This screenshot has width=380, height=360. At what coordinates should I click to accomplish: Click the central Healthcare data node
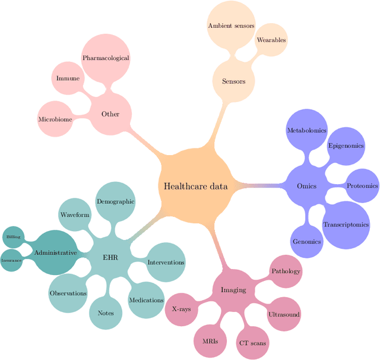(196, 186)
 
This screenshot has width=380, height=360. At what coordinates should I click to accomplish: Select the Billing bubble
(13, 237)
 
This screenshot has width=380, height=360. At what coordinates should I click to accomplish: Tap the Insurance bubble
(12, 260)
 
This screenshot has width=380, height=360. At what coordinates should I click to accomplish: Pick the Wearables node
(271, 40)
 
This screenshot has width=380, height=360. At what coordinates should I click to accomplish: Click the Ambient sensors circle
(231, 26)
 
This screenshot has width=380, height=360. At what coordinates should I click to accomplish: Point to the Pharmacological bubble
(106, 58)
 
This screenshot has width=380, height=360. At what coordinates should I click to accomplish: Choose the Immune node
(68, 78)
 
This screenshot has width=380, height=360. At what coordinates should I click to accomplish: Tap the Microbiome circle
(55, 119)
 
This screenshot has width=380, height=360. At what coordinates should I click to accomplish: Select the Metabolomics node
(306, 130)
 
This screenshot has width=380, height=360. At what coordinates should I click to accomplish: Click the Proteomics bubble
(362, 186)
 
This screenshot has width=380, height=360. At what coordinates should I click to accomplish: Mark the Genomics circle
(306, 241)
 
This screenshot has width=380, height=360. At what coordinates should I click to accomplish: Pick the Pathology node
(286, 271)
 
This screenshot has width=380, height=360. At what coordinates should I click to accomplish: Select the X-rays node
(181, 309)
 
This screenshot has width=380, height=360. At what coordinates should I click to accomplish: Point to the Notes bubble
(106, 312)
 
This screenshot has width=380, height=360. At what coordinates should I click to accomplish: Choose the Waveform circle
(75, 214)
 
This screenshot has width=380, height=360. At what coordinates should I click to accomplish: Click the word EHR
(110, 257)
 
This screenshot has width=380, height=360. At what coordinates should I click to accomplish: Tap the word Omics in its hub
(306, 186)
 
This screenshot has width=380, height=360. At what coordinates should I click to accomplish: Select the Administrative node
(55, 252)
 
